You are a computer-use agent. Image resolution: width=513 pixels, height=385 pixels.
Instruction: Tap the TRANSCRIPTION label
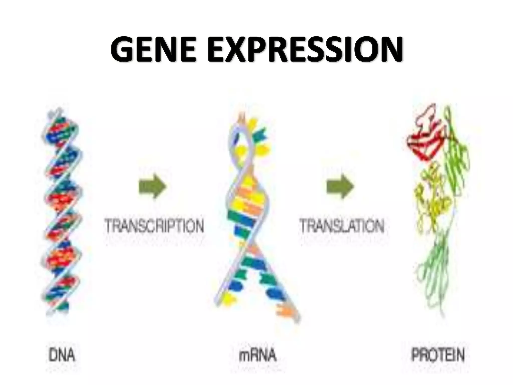(x=154, y=226)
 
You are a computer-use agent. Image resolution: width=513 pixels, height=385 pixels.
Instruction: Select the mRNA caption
(x=258, y=355)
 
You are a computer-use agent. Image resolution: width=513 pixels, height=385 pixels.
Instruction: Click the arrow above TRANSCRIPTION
(x=153, y=187)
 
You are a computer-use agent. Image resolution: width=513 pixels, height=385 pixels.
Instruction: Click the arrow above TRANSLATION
(x=340, y=187)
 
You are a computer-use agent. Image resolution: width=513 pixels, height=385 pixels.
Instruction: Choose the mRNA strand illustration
(x=253, y=213)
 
